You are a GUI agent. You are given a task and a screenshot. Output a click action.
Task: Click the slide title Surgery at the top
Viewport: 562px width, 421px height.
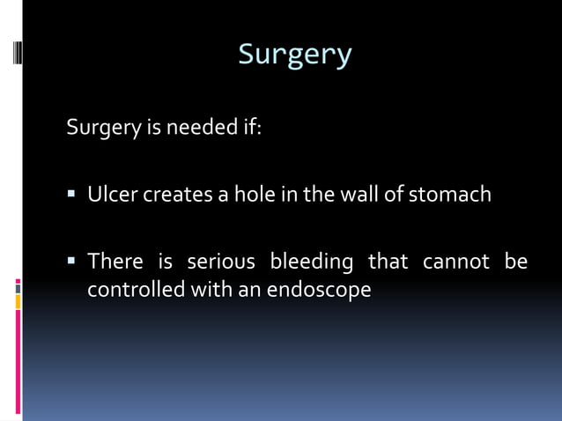click(295, 55)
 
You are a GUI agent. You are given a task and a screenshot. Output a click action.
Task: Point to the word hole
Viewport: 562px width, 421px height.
click(254, 194)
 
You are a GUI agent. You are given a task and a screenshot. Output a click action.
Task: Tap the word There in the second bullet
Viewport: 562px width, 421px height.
click(115, 262)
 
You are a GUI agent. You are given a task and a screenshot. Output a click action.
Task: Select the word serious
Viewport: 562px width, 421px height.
click(221, 262)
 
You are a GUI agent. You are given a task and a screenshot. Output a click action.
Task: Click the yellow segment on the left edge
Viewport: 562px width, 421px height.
click(18, 302)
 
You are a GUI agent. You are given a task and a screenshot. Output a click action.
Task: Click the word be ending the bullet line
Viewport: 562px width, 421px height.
click(516, 262)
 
